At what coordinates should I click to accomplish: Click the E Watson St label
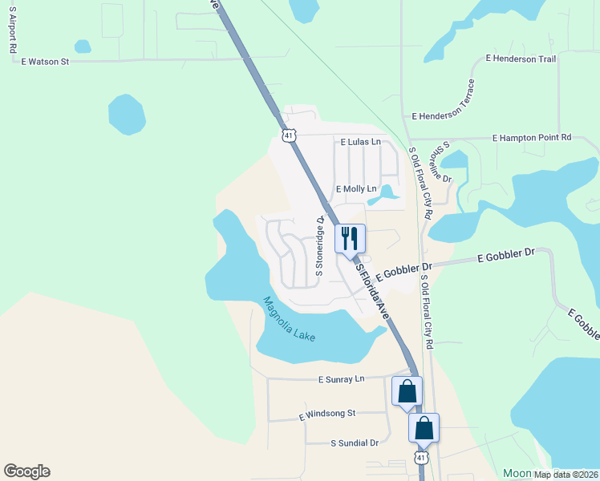click(46, 61)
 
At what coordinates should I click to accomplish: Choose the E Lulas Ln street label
click(359, 142)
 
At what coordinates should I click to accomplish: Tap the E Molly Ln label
click(356, 189)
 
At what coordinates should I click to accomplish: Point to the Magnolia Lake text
click(289, 319)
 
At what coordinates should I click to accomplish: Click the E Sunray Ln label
click(341, 378)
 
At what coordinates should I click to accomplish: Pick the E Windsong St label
click(326, 414)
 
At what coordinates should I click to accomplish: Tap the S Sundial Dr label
click(355, 443)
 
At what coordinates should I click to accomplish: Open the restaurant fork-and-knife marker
click(350, 239)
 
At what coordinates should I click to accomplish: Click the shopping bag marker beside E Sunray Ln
click(407, 392)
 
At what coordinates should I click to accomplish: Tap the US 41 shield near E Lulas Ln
click(290, 135)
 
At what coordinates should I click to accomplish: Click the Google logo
click(26, 471)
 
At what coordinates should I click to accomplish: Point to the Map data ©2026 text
click(566, 475)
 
